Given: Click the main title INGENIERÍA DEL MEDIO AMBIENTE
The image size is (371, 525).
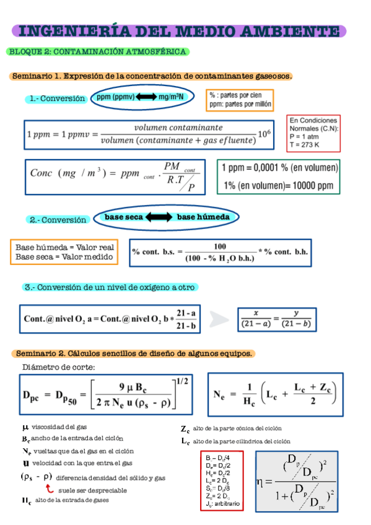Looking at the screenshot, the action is pyautogui.click(x=179, y=31).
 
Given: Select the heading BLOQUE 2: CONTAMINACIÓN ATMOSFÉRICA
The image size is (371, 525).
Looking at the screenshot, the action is pyautogui.click(x=98, y=52).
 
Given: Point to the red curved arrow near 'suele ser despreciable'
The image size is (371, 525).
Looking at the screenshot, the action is pyautogui.click(x=50, y=488).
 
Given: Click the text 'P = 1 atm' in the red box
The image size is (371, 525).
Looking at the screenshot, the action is pyautogui.click(x=303, y=137).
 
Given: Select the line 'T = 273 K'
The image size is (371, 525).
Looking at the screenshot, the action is pyautogui.click(x=304, y=145).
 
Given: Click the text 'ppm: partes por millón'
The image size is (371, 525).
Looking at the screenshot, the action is pyautogui.click(x=240, y=105).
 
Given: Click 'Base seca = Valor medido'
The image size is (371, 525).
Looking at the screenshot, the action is pyautogui.click(x=64, y=256).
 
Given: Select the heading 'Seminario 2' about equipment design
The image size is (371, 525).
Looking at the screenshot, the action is pyautogui.click(x=133, y=354).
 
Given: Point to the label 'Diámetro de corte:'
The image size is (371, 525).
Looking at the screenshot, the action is pyautogui.click(x=58, y=367).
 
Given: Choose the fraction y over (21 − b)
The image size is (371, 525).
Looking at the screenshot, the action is pyautogui.click(x=297, y=319).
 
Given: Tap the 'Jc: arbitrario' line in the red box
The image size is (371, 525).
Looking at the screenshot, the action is pyautogui.click(x=221, y=504).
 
